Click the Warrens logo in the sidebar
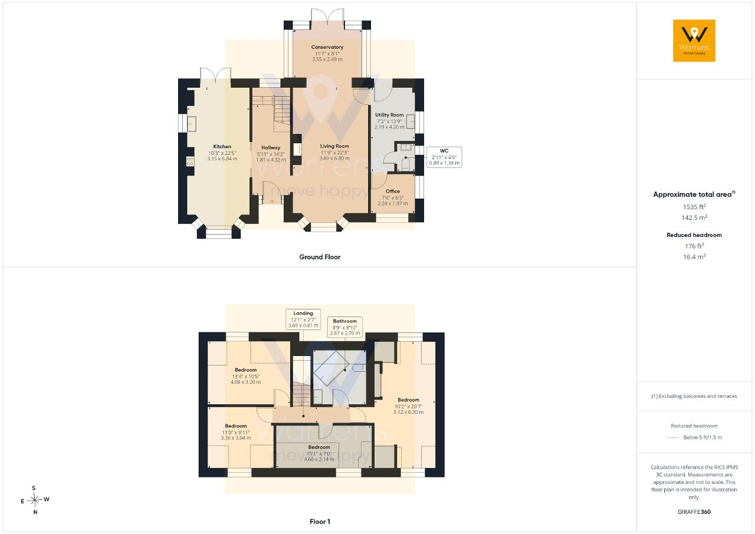694,41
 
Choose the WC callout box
444,157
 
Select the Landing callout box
303,319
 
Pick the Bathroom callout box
345,327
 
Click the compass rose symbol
35,500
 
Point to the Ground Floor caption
320,257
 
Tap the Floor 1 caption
320,522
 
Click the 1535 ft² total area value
694,206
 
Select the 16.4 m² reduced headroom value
694,256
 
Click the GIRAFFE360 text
694,512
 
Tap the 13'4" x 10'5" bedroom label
246,376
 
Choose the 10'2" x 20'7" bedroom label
408,406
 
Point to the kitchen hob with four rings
190,161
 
